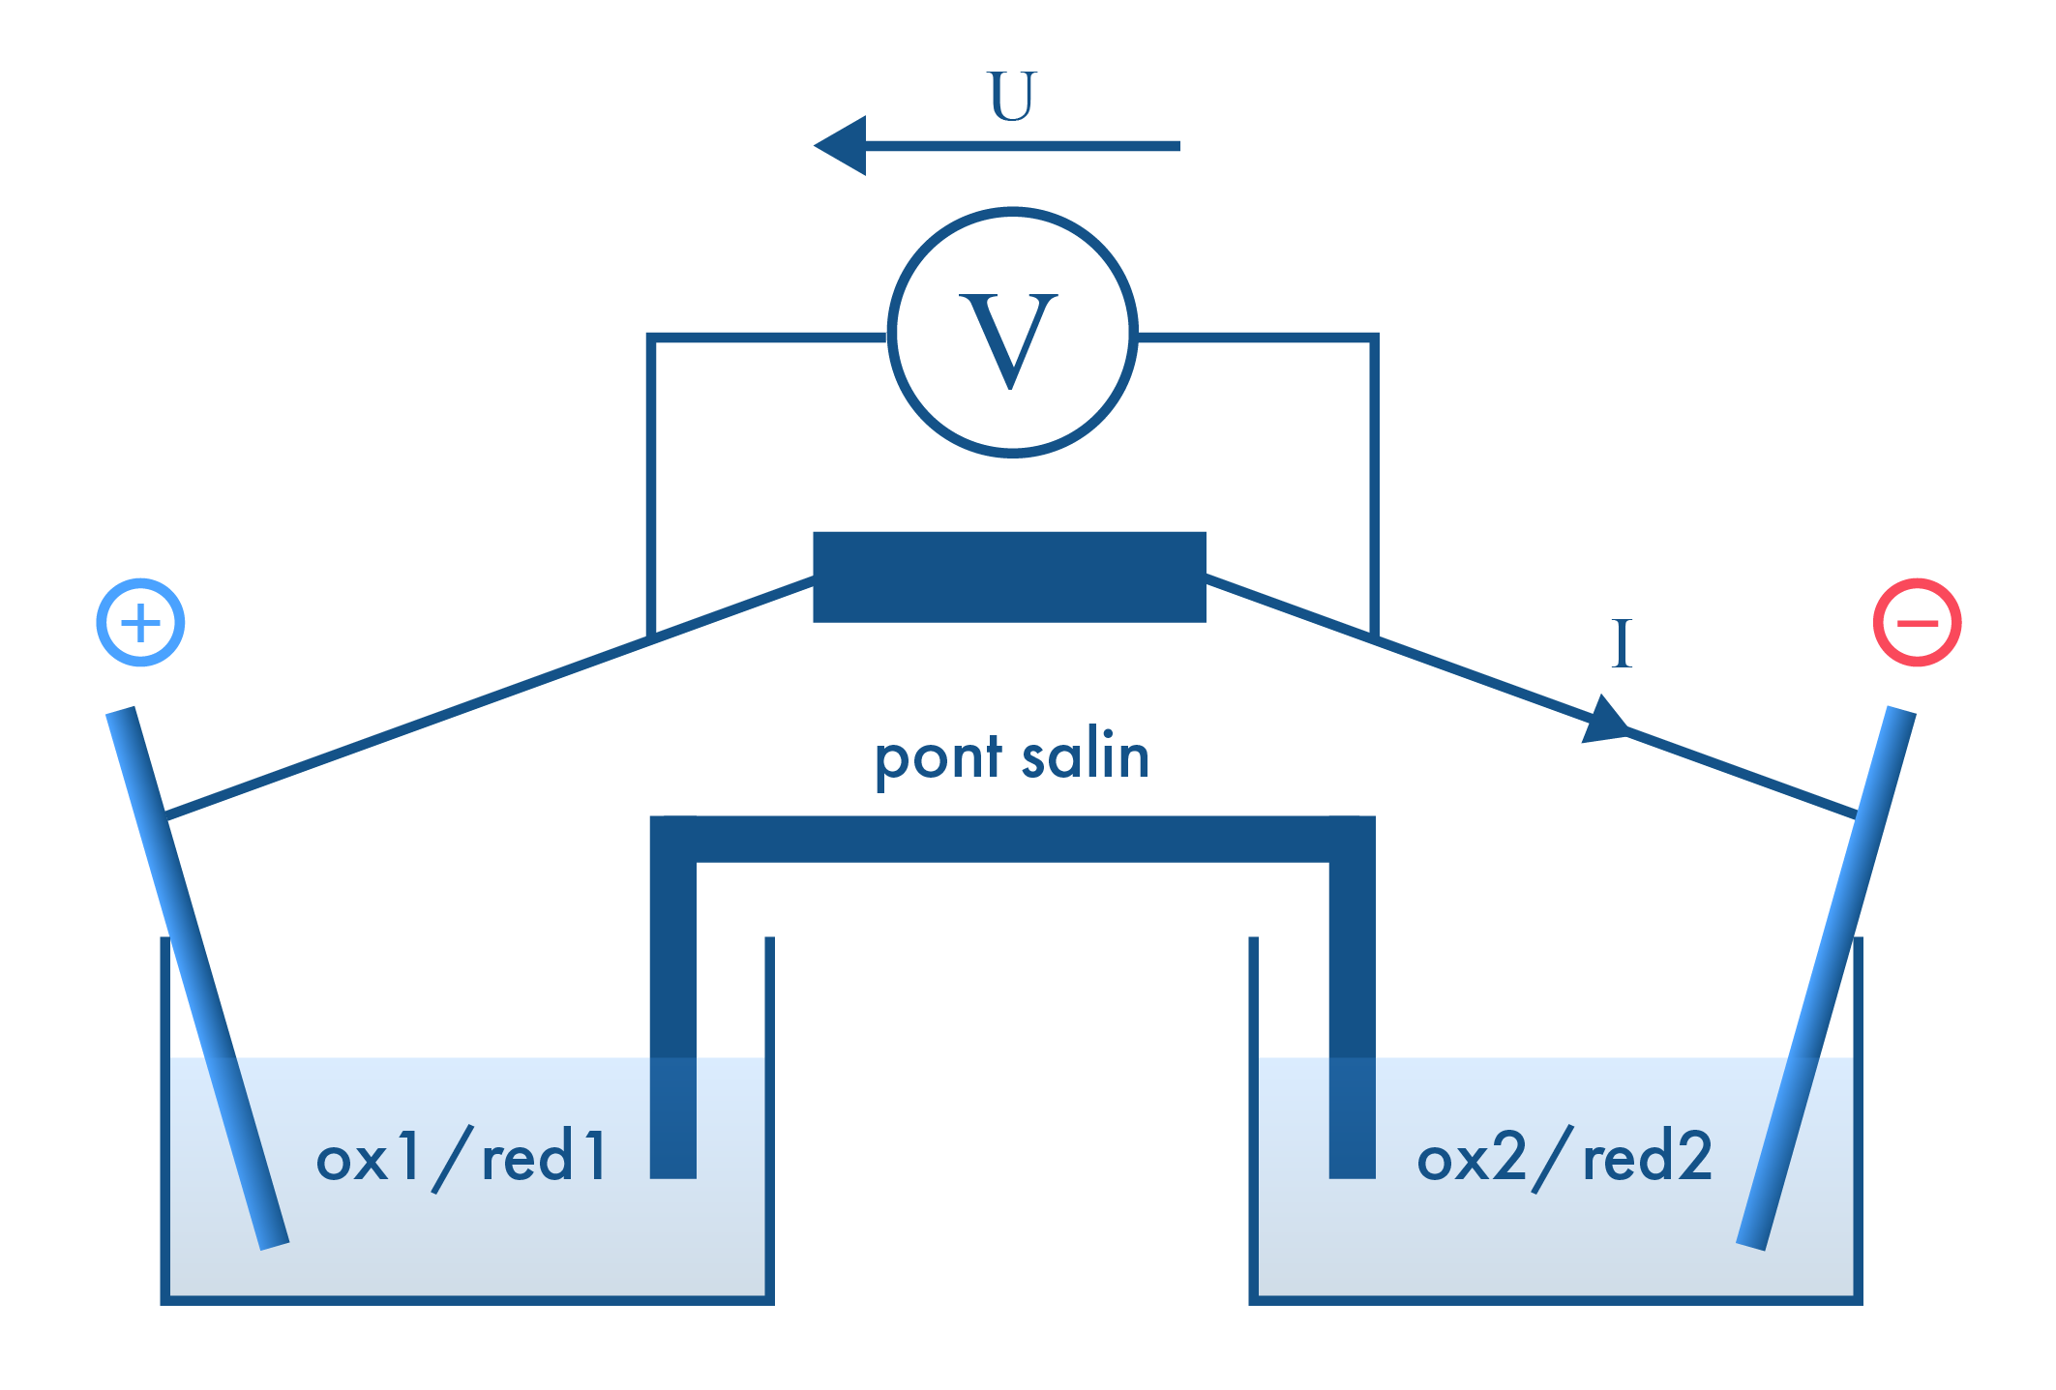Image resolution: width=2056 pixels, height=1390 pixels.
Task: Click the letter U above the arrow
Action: (x=1012, y=96)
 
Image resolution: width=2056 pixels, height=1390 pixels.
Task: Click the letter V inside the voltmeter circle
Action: (x=1009, y=339)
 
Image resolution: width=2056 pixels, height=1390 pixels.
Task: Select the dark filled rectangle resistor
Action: (x=1009, y=577)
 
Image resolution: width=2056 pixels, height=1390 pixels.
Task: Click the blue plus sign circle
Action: (x=140, y=622)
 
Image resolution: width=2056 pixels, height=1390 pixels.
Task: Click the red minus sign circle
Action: (x=1917, y=622)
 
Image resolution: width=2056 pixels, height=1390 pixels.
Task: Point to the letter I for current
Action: (x=1622, y=644)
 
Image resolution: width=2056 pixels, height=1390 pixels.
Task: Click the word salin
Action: (x=1086, y=755)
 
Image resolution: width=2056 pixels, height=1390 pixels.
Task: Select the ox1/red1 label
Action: (x=462, y=1156)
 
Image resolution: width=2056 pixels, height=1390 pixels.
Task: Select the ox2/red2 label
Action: (x=1564, y=1156)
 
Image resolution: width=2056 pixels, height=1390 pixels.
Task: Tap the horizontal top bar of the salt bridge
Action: (x=1012, y=839)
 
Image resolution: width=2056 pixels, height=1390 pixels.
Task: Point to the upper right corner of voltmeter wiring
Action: (x=1374, y=338)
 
